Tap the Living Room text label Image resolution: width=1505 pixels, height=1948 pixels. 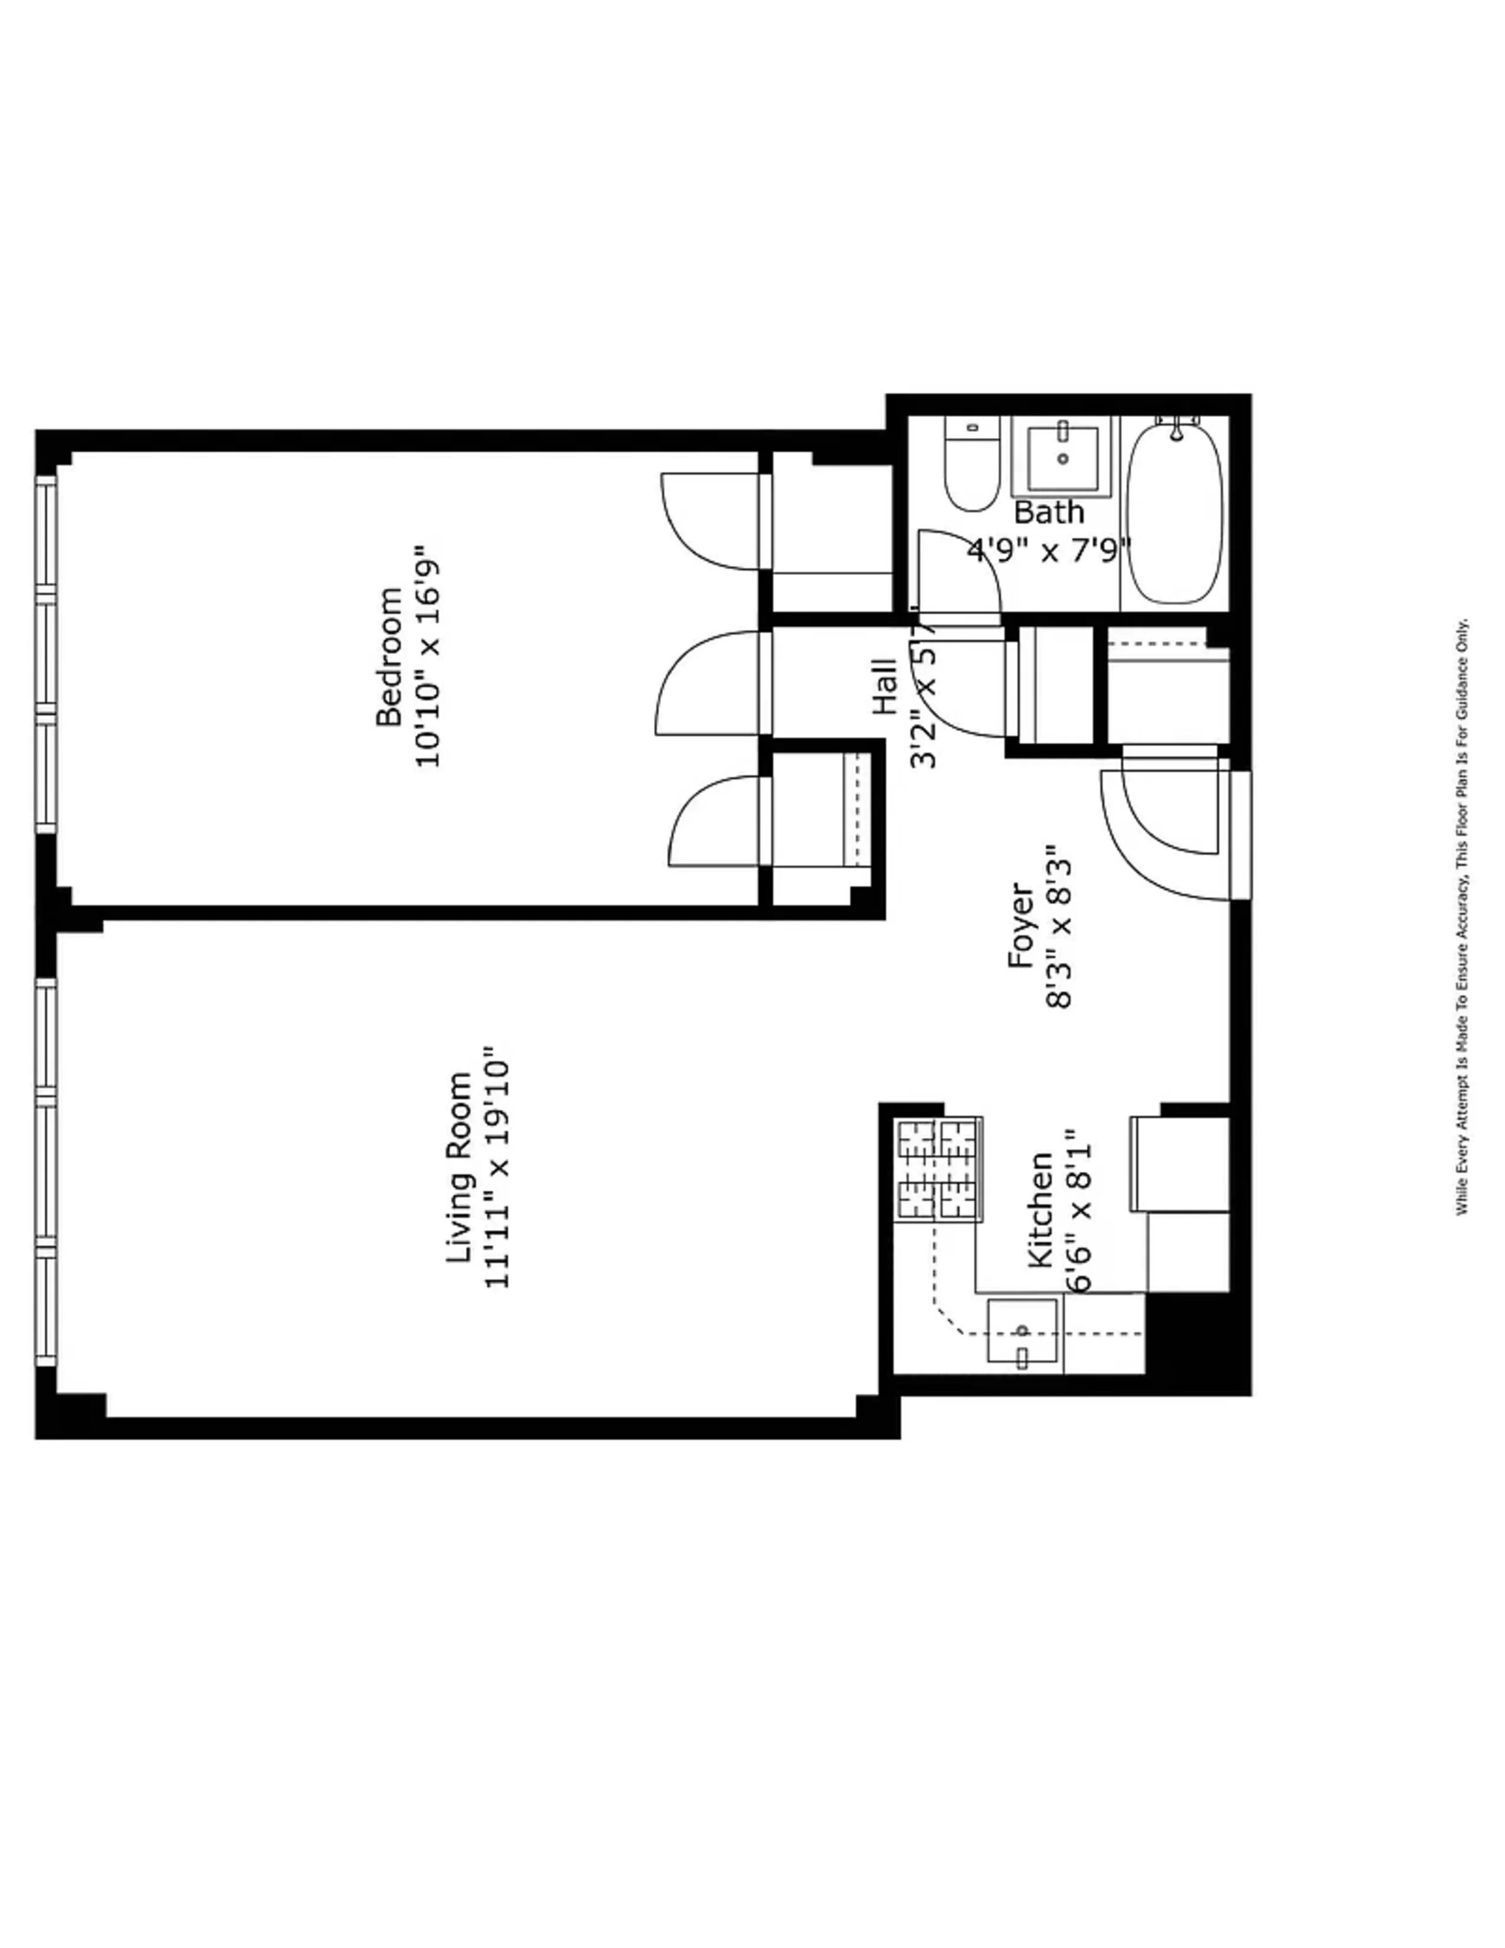click(x=458, y=1168)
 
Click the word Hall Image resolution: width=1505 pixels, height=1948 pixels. click(x=885, y=686)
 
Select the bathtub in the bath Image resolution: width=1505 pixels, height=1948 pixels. click(x=1175, y=515)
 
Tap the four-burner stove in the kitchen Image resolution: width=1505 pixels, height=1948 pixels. click(x=938, y=1170)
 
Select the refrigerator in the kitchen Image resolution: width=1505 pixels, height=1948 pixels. click(x=1180, y=1164)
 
